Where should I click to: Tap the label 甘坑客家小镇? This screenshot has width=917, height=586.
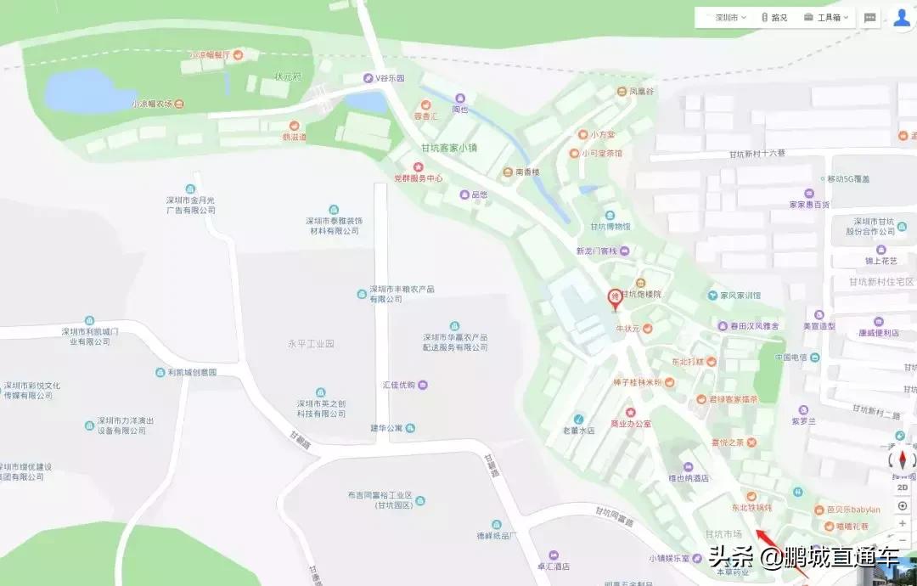446,148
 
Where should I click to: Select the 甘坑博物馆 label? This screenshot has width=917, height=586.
610,226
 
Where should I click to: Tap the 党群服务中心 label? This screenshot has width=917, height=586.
418,178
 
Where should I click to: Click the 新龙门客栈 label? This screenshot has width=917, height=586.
598,251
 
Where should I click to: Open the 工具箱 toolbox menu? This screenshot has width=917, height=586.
828,17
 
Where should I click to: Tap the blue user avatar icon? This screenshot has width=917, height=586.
902,17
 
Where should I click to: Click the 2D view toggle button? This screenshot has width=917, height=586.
902,487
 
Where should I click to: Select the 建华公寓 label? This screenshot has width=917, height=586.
392,427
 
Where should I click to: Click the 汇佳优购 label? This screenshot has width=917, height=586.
399,385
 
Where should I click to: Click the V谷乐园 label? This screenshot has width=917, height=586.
390,78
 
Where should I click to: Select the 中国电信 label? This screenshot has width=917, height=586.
790,358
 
